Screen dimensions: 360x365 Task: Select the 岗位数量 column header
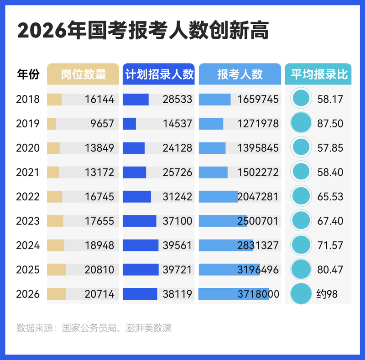pos(83,74)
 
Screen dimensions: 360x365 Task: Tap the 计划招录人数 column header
pos(159,74)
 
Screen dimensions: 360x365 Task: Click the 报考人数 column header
pos(240,74)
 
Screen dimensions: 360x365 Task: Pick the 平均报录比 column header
pos(318,74)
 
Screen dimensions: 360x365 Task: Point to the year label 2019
pos(28,124)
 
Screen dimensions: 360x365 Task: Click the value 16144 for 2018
pos(99,100)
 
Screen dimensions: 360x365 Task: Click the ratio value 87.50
pos(330,124)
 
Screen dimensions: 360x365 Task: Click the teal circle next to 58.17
pos(301,99)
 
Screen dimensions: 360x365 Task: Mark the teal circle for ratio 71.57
pos(301,245)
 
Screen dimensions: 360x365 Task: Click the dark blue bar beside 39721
pos(141,270)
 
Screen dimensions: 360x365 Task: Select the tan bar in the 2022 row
pos(55,197)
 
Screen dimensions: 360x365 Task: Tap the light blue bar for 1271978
pos(211,124)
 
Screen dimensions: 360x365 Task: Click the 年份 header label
pos(28,74)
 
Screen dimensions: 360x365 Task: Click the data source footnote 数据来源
pos(94,328)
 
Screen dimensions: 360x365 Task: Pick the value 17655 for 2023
pos(99,221)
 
